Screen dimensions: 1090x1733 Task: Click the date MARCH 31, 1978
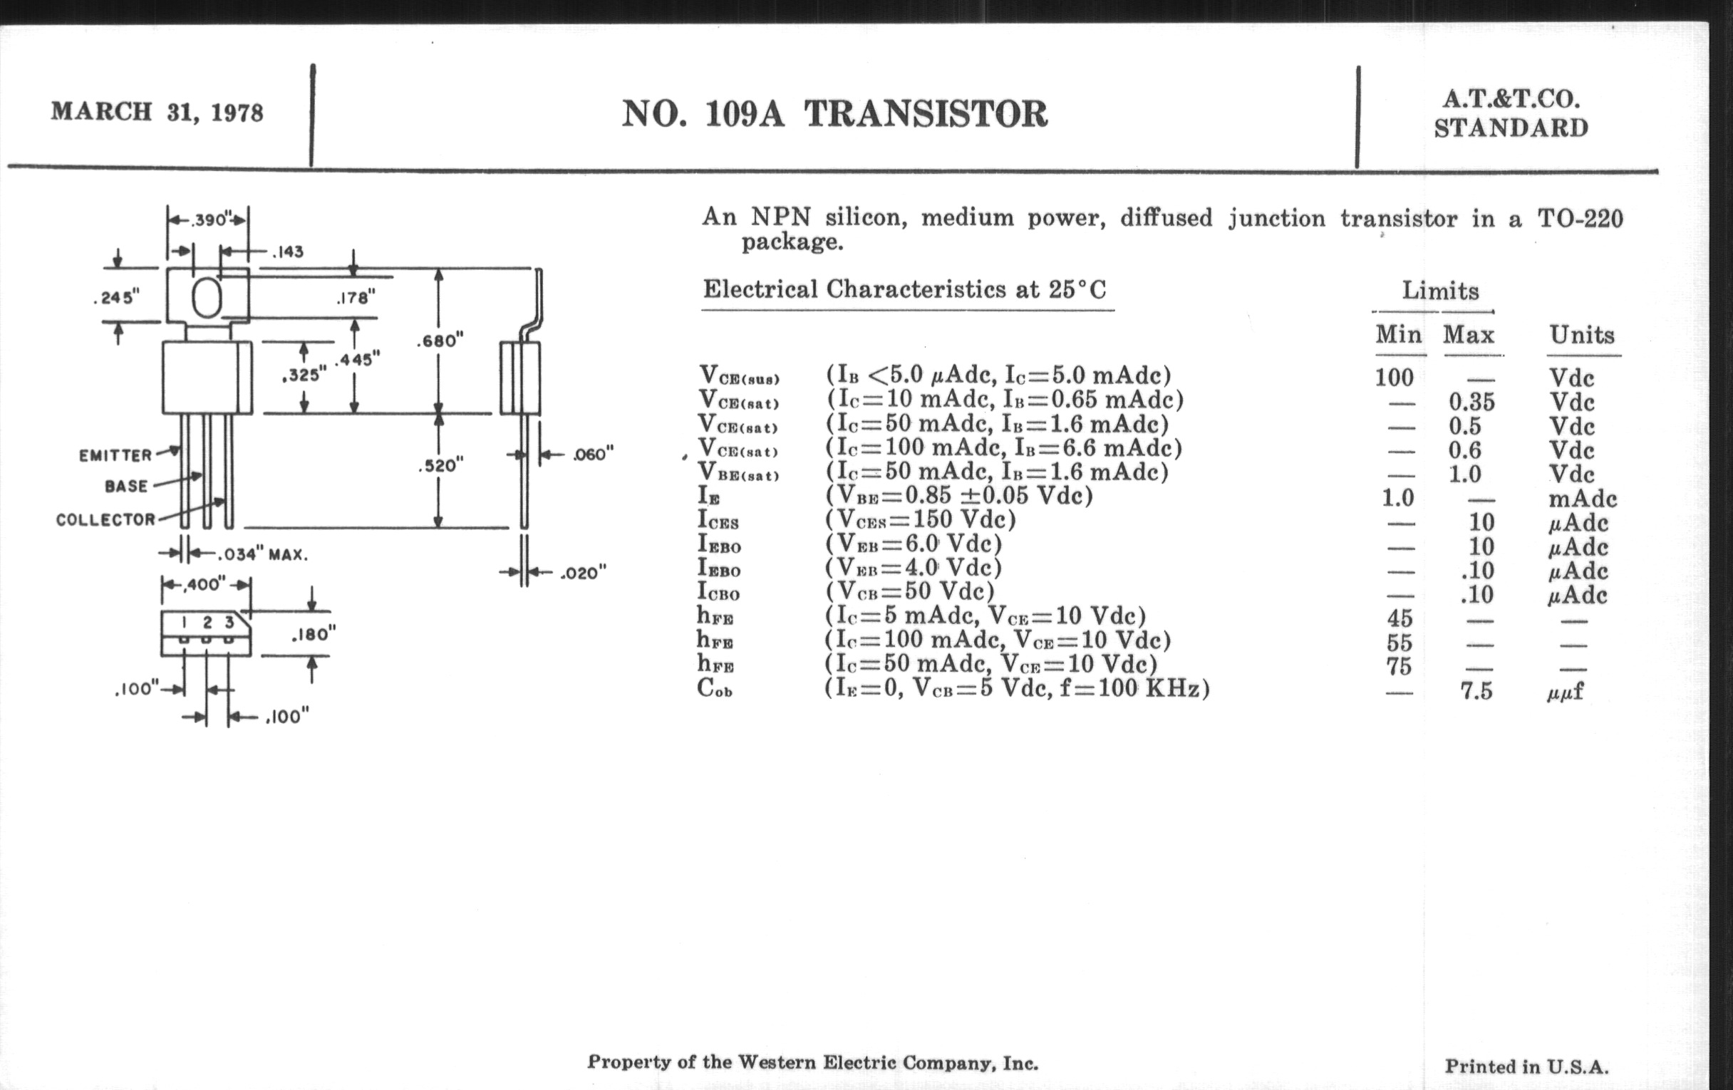click(x=157, y=113)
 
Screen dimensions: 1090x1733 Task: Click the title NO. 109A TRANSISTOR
click(x=834, y=115)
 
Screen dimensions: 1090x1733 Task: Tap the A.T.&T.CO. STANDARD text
click(x=1511, y=114)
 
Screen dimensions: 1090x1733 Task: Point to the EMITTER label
click(x=115, y=455)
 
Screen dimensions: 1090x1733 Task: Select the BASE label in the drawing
click(x=126, y=487)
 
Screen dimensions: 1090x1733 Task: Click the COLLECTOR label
click(x=105, y=519)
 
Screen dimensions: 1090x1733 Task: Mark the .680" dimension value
click(x=440, y=341)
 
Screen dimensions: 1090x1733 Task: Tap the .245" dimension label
click(x=117, y=297)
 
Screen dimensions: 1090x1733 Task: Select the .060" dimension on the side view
click(x=593, y=454)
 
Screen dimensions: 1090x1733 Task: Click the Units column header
click(x=1581, y=336)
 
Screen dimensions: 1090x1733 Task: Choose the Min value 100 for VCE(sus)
click(x=1394, y=377)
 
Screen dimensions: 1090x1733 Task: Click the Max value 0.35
click(x=1471, y=402)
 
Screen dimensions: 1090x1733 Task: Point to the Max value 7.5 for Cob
click(x=1476, y=692)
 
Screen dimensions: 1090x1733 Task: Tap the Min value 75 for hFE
click(x=1399, y=666)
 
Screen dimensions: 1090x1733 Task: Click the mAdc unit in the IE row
click(x=1582, y=499)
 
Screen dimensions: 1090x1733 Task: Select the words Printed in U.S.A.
click(x=1526, y=1066)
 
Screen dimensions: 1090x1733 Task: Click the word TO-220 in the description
click(x=1580, y=218)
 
